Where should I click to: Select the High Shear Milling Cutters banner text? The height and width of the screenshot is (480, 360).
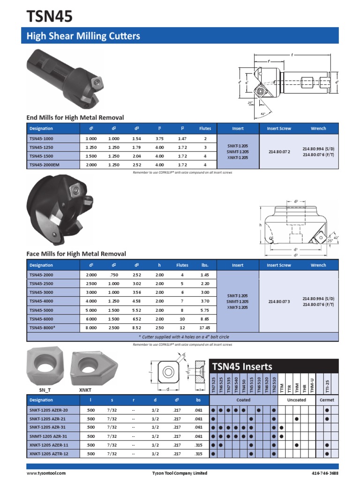(x=83, y=36)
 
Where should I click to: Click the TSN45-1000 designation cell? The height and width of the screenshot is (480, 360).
(x=41, y=139)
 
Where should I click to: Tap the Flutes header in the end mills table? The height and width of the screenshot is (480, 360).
(x=205, y=128)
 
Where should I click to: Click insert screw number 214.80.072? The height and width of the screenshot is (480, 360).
(x=279, y=152)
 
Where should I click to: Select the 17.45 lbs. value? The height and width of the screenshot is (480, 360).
(x=205, y=328)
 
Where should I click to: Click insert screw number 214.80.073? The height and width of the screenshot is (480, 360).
(x=279, y=301)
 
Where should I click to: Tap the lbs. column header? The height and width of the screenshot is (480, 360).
(x=205, y=265)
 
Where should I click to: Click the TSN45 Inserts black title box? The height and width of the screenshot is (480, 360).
(x=274, y=366)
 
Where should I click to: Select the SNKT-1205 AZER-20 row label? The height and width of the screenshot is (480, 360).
(x=49, y=410)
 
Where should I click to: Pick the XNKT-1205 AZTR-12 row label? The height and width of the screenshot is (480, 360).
(x=49, y=454)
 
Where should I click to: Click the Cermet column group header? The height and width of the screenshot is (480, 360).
(x=327, y=400)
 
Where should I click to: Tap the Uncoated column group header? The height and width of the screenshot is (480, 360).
(x=296, y=400)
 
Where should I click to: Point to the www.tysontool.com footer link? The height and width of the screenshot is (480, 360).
(x=46, y=473)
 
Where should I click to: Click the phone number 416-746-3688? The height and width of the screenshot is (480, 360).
(x=325, y=473)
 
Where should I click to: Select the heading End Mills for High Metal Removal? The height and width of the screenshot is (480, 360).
(x=75, y=118)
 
